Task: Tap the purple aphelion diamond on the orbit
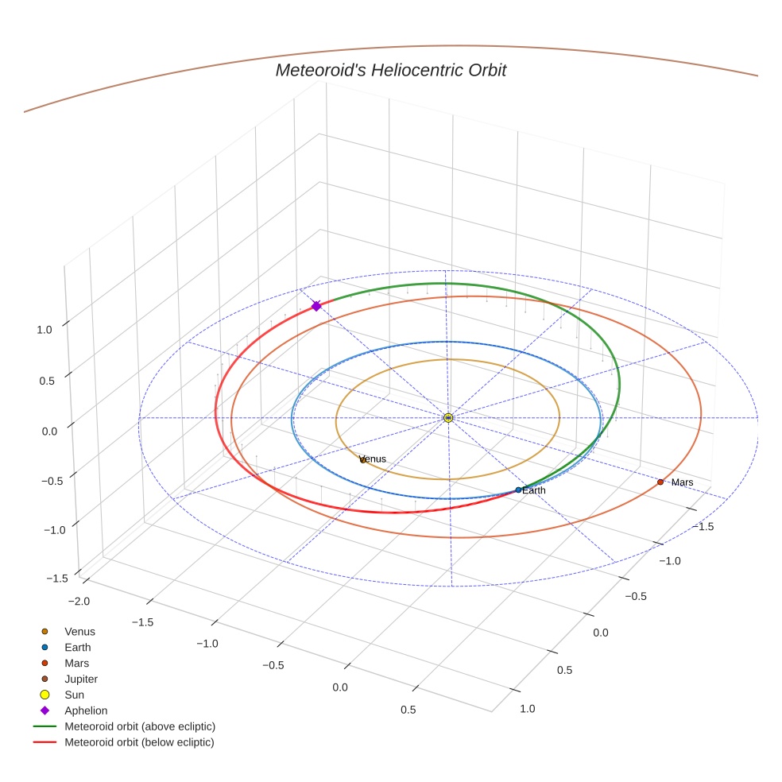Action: click(316, 306)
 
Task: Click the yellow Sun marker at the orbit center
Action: click(448, 417)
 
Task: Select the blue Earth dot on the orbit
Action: click(518, 490)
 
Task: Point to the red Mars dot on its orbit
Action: click(660, 482)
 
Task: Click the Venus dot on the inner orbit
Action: click(363, 459)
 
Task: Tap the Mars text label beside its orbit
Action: click(682, 482)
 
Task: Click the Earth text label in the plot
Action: click(534, 490)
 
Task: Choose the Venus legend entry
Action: click(79, 631)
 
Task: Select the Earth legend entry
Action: click(78, 647)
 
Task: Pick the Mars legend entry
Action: click(76, 663)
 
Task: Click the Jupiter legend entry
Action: click(81, 679)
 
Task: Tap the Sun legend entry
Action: click(74, 695)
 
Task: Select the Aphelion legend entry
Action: click(86, 710)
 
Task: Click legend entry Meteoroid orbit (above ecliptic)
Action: click(140, 726)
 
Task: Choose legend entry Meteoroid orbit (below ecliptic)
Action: click(139, 742)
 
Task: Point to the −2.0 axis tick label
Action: click(80, 601)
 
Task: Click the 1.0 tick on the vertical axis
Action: click(45, 329)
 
